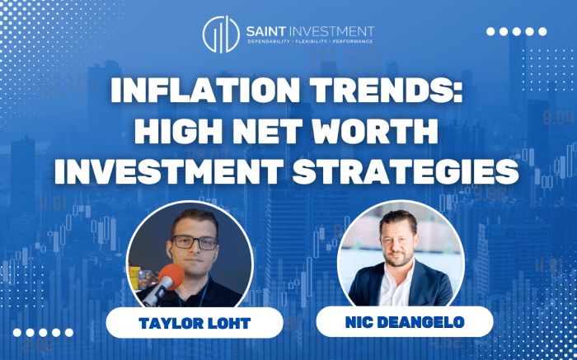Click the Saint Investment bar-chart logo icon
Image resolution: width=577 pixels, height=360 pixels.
[x=220, y=32]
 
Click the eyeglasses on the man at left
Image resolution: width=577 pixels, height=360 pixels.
[x=196, y=242]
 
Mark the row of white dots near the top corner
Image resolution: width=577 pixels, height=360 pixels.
[x=517, y=31]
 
